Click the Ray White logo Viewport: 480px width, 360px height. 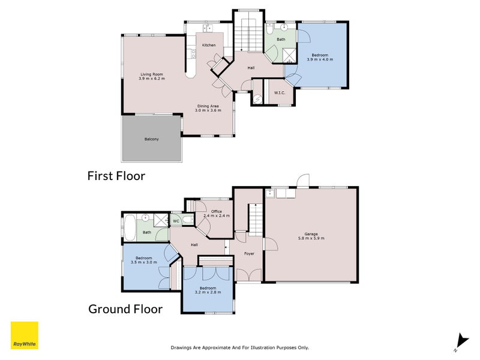click(25, 335)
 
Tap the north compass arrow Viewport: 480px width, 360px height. click(462, 342)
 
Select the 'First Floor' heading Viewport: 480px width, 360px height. click(116, 176)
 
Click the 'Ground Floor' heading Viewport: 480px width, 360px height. click(125, 309)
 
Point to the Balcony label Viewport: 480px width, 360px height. click(152, 139)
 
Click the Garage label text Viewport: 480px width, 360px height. click(311, 234)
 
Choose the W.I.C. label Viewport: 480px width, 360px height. click(280, 93)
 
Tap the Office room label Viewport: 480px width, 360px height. click(217, 212)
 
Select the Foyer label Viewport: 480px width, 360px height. click(249, 253)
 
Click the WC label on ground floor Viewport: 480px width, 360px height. click(176, 221)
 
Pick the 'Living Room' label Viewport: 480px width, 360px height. click(152, 74)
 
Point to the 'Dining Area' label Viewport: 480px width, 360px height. click(208, 106)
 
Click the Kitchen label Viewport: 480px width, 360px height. click(209, 46)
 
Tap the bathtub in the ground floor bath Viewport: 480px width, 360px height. click(130, 228)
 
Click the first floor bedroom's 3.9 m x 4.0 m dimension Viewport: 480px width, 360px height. click(320, 59)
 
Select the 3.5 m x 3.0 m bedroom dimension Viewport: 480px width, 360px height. click(143, 262)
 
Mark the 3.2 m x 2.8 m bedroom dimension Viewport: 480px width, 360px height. click(208, 292)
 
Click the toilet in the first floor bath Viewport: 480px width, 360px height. click(269, 29)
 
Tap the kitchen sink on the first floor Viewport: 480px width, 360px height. click(208, 28)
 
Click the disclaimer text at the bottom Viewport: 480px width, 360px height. click(239, 348)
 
